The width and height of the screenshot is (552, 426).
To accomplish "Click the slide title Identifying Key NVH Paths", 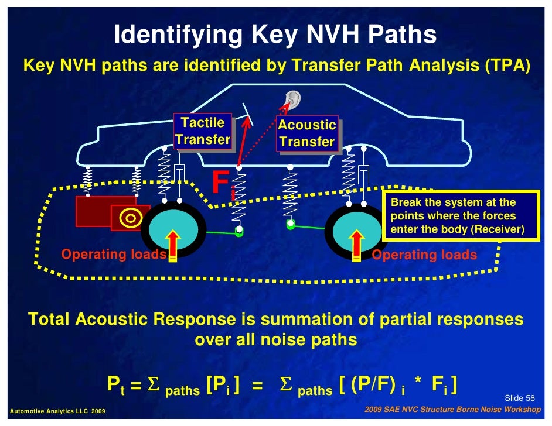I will point(275,35).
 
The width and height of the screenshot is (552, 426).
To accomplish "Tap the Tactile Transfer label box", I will point(203,131).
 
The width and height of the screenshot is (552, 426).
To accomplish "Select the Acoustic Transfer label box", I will point(307,133).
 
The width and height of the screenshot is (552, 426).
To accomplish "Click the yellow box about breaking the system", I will point(460,215).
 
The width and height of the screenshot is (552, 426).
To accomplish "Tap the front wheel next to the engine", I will point(173,232).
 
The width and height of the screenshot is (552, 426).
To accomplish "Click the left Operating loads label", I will point(114,255).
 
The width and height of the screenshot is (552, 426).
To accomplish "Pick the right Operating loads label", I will point(424,255).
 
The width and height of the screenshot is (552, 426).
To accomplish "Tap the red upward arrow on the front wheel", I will point(173,245).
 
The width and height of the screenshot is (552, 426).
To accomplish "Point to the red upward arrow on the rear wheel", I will point(356,245).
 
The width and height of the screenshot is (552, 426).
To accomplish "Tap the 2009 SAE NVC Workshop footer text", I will point(452,410).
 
